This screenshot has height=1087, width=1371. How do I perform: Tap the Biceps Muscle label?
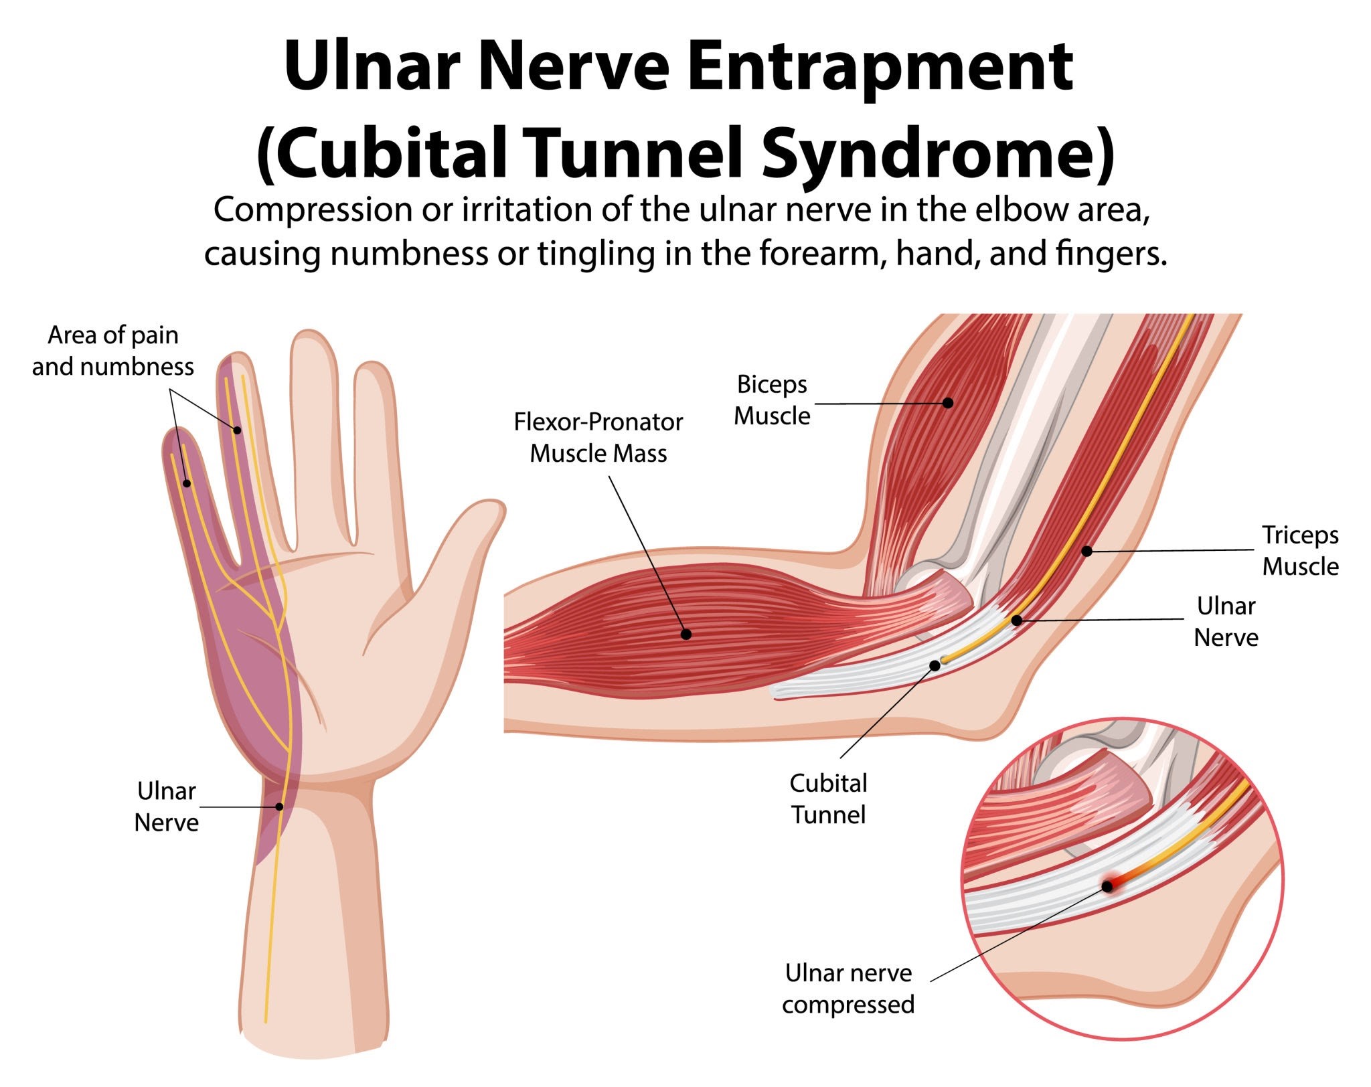772,400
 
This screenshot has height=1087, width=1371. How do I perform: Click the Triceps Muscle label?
1300,551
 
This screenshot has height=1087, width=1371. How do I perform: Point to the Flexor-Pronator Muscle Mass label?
598,438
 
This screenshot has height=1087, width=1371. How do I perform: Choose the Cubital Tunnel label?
828,799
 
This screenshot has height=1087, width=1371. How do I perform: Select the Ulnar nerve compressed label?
848,989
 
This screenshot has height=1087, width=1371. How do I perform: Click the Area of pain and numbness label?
113,351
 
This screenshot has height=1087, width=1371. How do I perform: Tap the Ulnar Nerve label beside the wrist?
166,807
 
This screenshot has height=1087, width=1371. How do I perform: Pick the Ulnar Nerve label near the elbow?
1226,622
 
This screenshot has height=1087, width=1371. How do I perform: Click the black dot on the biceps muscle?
948,403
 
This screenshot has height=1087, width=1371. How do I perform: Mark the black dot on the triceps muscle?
1087,552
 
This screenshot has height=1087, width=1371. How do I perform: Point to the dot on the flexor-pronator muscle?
685,634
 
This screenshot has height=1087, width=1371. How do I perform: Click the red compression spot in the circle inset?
1108,886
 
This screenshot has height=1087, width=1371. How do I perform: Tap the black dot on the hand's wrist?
280,807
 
